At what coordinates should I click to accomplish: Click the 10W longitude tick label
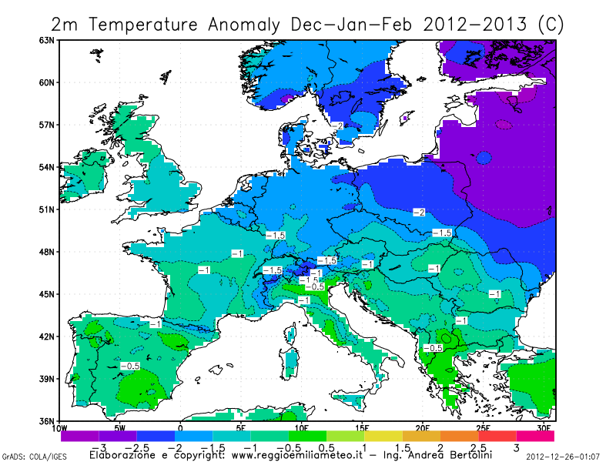click(x=60, y=428)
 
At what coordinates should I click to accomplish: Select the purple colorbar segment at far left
click(x=79, y=436)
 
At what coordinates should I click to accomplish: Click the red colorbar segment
click(x=497, y=436)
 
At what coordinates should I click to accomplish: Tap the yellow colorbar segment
click(x=383, y=436)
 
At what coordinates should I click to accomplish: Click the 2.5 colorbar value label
click(x=478, y=447)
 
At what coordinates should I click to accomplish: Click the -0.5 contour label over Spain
click(x=132, y=366)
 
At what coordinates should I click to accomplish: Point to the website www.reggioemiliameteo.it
click(x=296, y=455)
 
